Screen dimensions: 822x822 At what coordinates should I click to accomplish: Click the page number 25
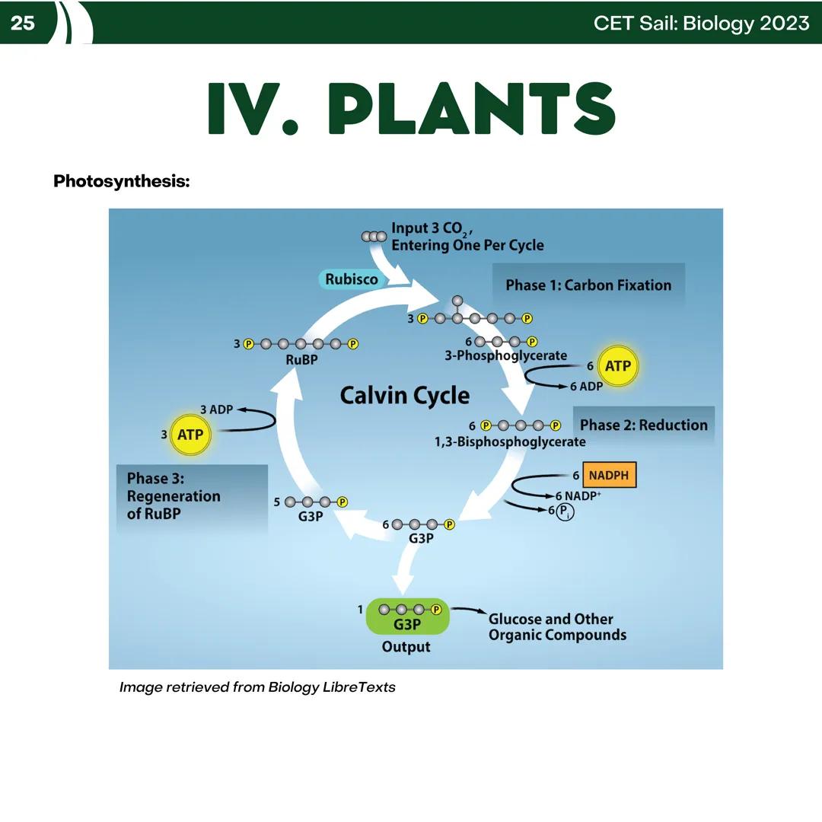[x=23, y=24]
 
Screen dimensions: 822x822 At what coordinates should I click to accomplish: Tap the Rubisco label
[x=352, y=279]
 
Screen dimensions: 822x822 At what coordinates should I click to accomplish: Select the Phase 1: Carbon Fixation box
[x=588, y=285]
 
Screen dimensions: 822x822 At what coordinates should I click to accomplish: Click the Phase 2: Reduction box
[x=643, y=425]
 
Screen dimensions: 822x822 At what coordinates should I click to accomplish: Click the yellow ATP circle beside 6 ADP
[x=617, y=366]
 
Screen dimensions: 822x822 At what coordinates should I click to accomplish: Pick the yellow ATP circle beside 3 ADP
[x=190, y=435]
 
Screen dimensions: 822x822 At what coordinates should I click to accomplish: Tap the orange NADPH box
[x=609, y=476]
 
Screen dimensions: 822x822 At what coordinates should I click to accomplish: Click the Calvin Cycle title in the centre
[x=404, y=396]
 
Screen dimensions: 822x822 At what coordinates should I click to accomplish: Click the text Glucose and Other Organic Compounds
[x=557, y=627]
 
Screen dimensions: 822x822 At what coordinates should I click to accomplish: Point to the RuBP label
[x=301, y=360]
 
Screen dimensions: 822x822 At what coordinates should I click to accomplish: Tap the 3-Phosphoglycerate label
[x=505, y=355]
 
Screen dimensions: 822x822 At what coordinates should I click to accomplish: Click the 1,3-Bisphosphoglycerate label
[x=510, y=441]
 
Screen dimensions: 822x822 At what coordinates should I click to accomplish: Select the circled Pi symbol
[x=565, y=511]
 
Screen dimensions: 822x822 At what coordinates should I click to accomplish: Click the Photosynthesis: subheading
[x=122, y=182]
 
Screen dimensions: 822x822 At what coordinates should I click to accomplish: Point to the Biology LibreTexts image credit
[x=257, y=687]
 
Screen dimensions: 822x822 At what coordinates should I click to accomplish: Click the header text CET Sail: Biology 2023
[x=701, y=24]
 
